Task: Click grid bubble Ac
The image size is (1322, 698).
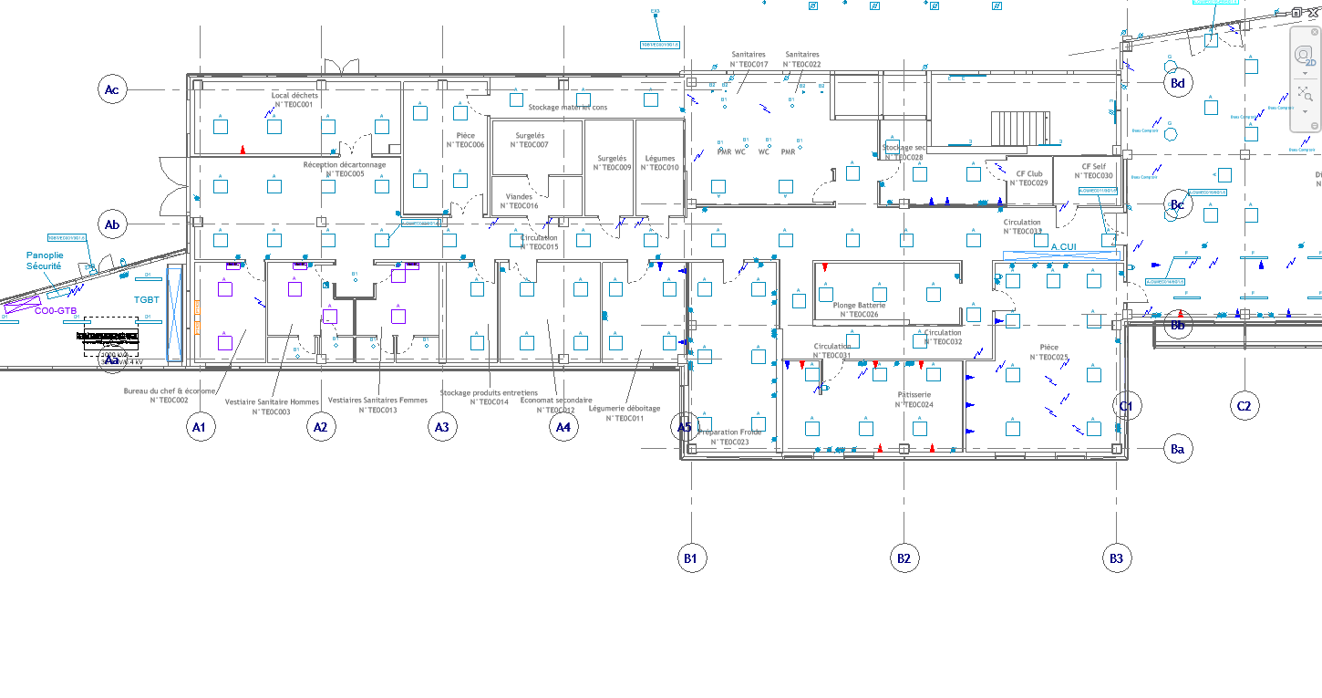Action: [112, 89]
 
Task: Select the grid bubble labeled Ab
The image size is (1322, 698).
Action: [112, 224]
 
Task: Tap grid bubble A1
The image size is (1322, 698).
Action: [201, 427]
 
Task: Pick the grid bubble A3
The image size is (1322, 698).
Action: [441, 427]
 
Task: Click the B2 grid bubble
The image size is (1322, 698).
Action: [904, 557]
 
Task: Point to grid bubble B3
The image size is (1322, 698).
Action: [1116, 557]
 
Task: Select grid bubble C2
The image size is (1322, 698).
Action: [1245, 406]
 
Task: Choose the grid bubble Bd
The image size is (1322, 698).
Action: [1178, 83]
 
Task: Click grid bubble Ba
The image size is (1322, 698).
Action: [1178, 449]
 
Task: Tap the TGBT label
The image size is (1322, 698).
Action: [147, 299]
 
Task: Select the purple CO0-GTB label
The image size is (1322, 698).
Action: [56, 311]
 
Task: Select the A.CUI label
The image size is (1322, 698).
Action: [1064, 247]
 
